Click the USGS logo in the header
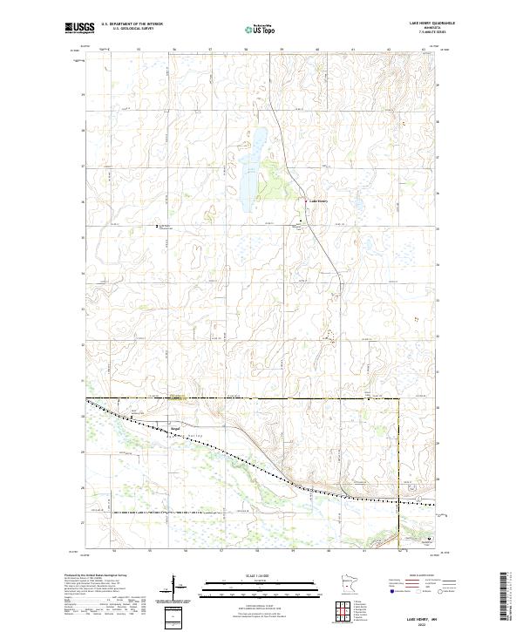click(x=79, y=29)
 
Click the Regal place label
click(x=174, y=427)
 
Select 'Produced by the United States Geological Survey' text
click(x=96, y=575)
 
